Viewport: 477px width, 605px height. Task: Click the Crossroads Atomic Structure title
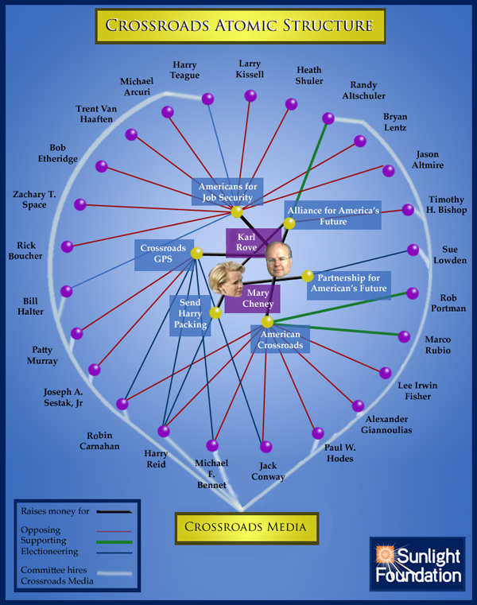(238, 25)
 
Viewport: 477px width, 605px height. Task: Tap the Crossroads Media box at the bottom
(246, 526)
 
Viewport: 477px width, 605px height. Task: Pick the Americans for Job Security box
(226, 192)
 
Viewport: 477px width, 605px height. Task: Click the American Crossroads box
(280, 340)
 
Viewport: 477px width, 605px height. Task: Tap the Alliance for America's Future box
(333, 215)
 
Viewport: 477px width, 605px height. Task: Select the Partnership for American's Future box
(348, 284)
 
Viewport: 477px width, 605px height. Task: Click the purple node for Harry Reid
(164, 431)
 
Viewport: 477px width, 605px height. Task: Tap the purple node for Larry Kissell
(250, 95)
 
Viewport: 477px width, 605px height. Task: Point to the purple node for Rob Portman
(413, 293)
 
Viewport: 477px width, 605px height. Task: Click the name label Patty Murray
(45, 355)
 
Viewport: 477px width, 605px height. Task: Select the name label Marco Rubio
(437, 345)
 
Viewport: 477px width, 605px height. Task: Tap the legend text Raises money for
(55, 511)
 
